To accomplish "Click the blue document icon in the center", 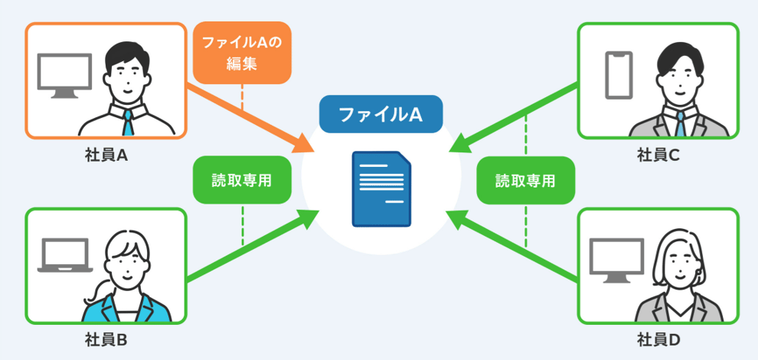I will pos(381,189).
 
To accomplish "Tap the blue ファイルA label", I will pos(381,114).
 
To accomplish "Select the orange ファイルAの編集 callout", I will pos(242,52).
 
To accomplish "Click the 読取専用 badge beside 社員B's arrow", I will pos(242,180).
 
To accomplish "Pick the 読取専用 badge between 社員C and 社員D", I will pos(525,180).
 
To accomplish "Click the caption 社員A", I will pos(106,155).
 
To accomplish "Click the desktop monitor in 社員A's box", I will pos(65,74).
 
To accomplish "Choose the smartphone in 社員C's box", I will pos(619,74).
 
